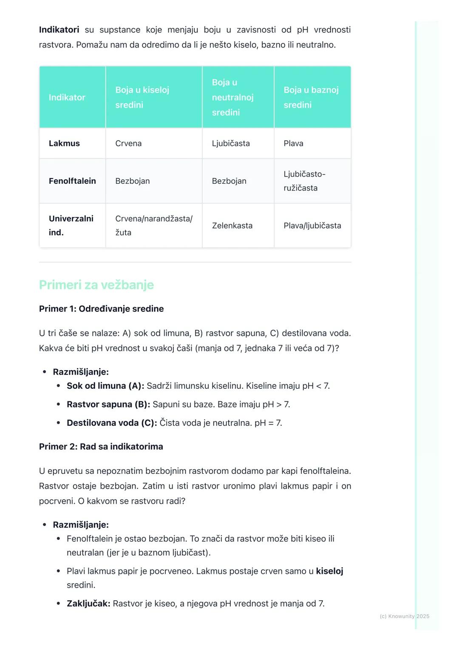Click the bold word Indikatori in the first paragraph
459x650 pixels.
[x=59, y=30]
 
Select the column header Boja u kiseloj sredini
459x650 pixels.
[x=142, y=97]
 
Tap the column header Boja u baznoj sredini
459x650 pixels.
[x=311, y=97]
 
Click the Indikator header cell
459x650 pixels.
[x=67, y=97]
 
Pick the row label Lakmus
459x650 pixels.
[x=64, y=143]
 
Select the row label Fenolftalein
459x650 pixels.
[x=72, y=181]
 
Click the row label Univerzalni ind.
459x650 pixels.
[x=71, y=225]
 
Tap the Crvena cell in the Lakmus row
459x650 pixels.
[x=128, y=143]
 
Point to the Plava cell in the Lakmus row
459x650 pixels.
[x=293, y=143]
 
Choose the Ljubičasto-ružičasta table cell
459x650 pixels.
[x=304, y=181]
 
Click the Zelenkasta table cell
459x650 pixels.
[x=232, y=225]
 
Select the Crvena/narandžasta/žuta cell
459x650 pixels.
[x=153, y=225]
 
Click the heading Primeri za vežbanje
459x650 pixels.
[x=96, y=285]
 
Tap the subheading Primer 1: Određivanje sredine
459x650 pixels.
[x=101, y=309]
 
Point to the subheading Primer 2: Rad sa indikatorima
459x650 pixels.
[x=101, y=447]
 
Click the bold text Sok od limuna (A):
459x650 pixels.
[x=105, y=386]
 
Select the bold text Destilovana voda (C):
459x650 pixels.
[x=112, y=423]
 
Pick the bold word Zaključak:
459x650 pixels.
[x=88, y=603]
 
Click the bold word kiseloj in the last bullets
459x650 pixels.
[x=329, y=571]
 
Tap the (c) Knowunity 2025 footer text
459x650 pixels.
[x=404, y=616]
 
